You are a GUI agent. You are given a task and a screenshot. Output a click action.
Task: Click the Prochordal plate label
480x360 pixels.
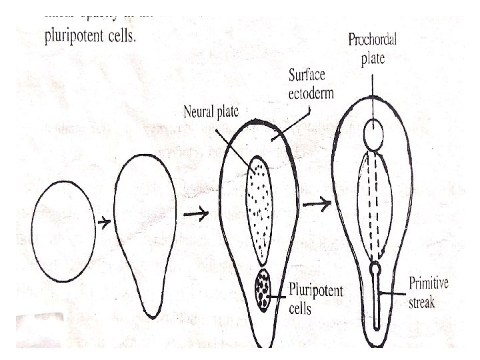(373, 49)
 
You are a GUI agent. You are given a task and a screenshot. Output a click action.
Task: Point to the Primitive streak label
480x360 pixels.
(429, 293)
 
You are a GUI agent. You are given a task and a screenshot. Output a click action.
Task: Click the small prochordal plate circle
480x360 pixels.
(374, 135)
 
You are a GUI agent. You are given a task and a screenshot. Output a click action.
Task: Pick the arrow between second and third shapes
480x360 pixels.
(195, 214)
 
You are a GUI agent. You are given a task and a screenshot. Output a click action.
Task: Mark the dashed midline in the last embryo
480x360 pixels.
(374, 207)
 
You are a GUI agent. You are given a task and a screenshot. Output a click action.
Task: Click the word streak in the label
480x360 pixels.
(421, 302)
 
